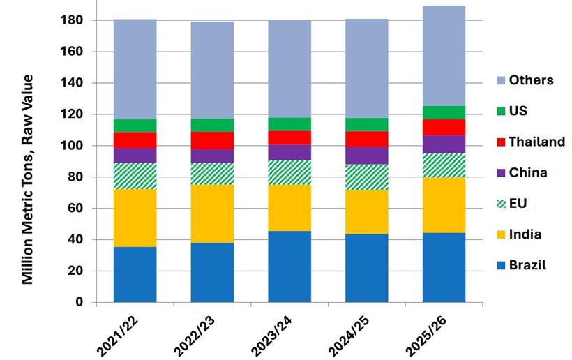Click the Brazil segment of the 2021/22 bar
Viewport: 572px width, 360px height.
click(x=135, y=274)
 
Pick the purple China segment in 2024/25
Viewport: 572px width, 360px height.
click(x=367, y=156)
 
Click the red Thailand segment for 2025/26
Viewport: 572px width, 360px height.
click(x=444, y=127)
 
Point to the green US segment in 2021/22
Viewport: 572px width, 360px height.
click(x=135, y=126)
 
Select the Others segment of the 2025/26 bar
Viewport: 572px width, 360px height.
click(x=444, y=56)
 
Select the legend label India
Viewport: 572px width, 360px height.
click(x=527, y=234)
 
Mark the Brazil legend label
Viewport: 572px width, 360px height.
click(x=528, y=265)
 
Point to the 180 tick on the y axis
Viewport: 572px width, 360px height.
click(x=73, y=21)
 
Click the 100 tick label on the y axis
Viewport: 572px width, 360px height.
click(x=73, y=146)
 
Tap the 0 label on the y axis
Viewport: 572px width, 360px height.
click(x=80, y=302)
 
